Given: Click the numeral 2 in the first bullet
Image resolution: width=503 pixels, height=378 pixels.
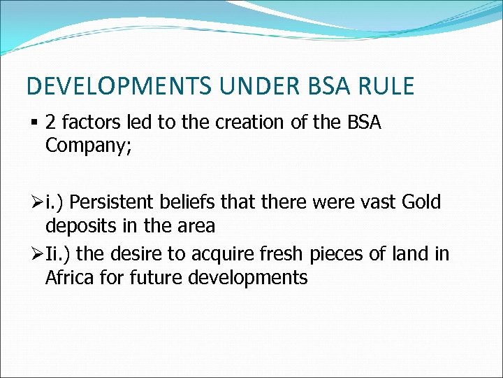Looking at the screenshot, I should [x=50, y=123].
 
